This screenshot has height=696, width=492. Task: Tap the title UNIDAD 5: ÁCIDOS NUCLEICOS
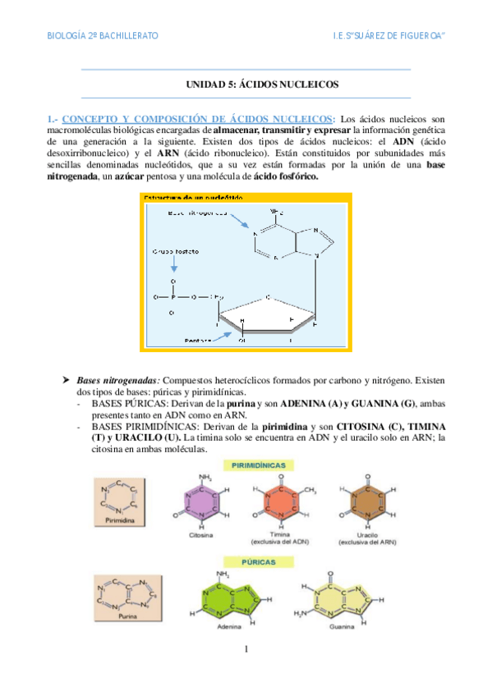[246, 85]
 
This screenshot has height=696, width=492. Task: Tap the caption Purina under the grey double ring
[126, 616]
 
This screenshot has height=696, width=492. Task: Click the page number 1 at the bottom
[246, 650]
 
